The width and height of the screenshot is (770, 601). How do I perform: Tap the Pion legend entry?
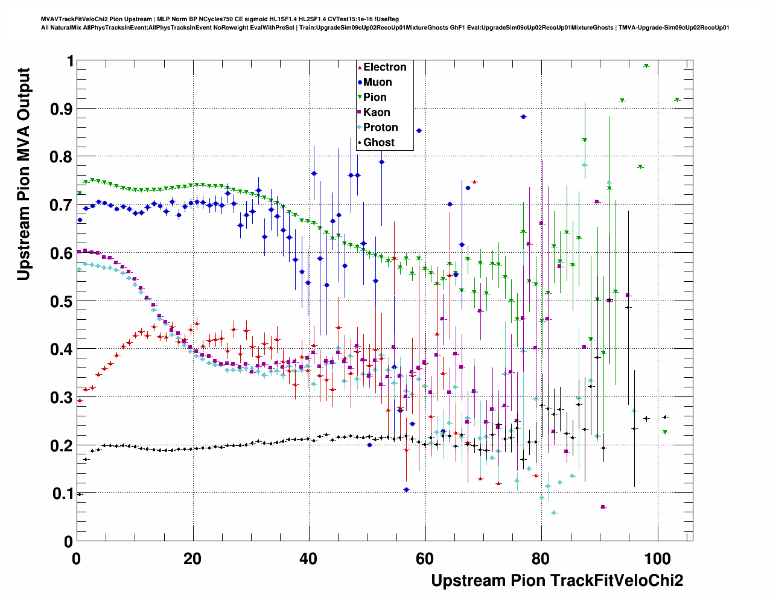click(x=374, y=98)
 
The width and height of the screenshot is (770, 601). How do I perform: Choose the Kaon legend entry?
click(x=376, y=113)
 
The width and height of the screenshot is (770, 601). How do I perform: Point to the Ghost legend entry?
click(x=378, y=143)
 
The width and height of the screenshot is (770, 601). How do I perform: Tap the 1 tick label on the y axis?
click(x=71, y=61)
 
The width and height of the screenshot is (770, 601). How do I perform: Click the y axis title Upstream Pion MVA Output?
click(x=24, y=174)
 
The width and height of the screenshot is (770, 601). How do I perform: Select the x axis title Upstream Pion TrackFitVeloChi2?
click(x=557, y=580)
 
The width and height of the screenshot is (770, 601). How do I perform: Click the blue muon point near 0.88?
click(x=523, y=117)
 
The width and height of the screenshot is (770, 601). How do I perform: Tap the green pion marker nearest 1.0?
click(x=646, y=66)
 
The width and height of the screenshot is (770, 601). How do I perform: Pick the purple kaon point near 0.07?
click(x=603, y=507)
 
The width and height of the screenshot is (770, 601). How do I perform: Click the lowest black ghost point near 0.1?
click(x=79, y=494)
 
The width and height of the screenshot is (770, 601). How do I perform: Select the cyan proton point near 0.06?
click(x=554, y=513)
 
